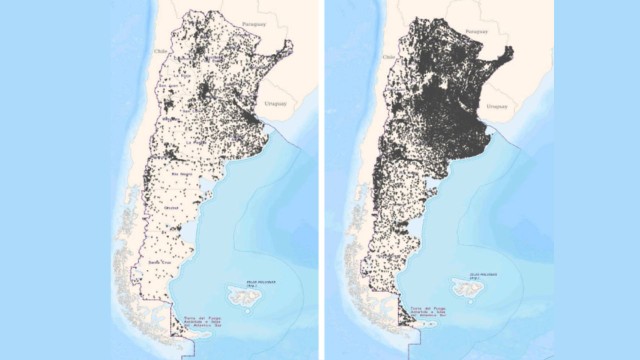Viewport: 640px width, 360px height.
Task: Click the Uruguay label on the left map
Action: click(x=276, y=102)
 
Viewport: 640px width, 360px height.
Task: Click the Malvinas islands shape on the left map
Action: click(x=243, y=296)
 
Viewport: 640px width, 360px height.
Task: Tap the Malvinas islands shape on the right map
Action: click(x=466, y=289)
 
